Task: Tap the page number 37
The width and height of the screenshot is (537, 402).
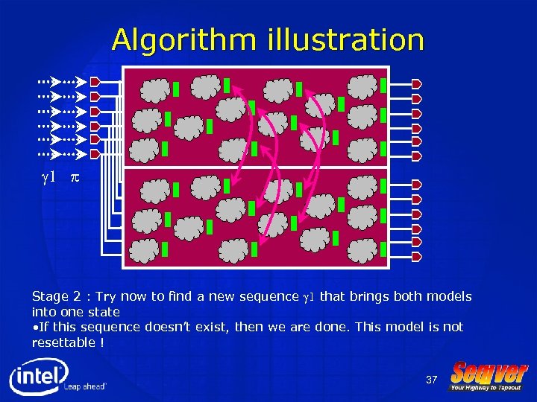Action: [431, 380]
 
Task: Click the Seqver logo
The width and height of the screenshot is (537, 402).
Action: [489, 372]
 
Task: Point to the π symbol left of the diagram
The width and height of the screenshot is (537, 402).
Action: [75, 178]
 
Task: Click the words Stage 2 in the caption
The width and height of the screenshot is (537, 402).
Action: [55, 296]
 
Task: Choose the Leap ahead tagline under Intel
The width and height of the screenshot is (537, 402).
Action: [85, 387]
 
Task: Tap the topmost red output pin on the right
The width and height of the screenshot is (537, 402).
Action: [417, 83]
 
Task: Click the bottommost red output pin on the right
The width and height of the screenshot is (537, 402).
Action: [417, 257]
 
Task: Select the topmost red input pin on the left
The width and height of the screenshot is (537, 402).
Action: [95, 81]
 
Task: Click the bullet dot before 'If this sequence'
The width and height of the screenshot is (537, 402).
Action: [34, 327]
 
